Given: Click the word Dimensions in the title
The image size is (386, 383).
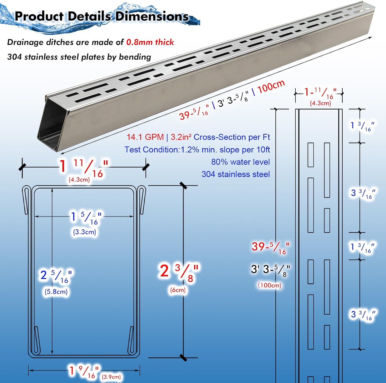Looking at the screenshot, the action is (152, 16).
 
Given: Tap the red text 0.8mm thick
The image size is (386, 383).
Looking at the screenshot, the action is (150, 42).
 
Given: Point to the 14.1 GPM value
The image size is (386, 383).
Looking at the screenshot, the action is (145, 137).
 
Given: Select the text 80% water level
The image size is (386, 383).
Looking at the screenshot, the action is (240, 162).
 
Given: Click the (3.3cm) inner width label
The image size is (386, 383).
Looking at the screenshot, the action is (84, 232).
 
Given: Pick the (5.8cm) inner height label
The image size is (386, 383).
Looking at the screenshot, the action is (56, 292).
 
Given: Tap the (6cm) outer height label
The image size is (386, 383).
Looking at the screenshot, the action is (178, 290).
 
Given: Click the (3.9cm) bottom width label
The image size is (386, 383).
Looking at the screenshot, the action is (111, 377).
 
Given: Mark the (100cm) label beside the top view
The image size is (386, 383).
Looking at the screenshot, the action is (269, 285).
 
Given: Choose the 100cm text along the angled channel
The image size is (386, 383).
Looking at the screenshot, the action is (271, 87).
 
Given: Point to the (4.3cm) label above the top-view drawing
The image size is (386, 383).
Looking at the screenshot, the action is (320, 103).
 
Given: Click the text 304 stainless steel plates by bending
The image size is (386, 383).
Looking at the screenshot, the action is (79, 57).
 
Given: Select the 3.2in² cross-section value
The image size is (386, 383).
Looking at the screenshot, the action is (181, 137).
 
